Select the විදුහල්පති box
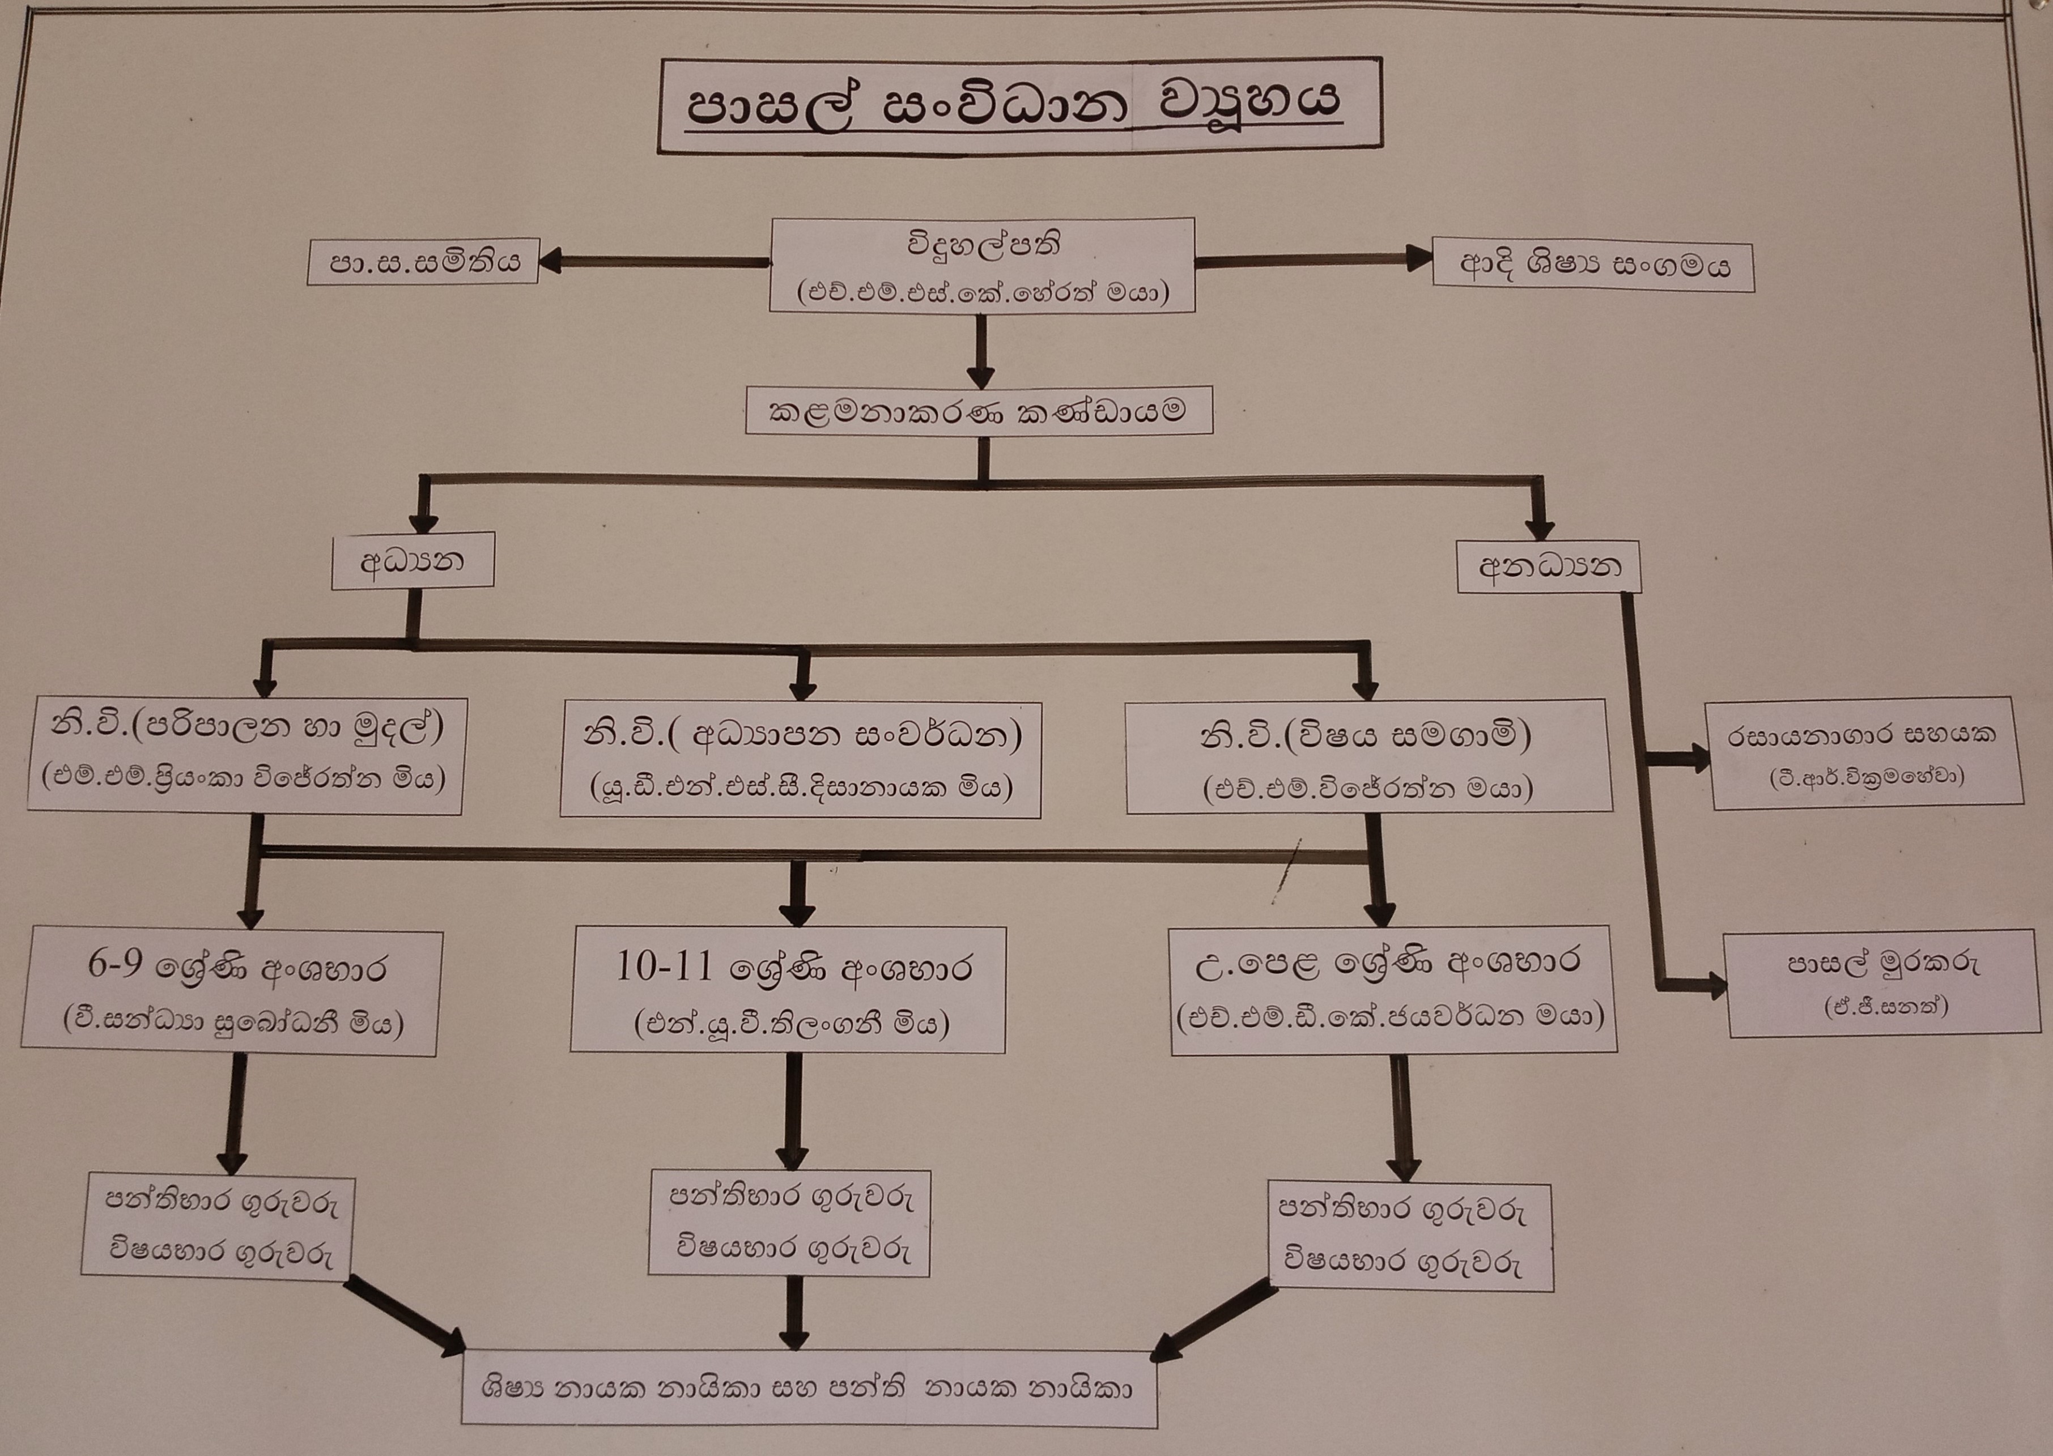point(981,265)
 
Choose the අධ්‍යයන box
point(413,562)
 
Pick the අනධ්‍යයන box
point(1548,567)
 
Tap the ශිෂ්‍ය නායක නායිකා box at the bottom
point(809,1389)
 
